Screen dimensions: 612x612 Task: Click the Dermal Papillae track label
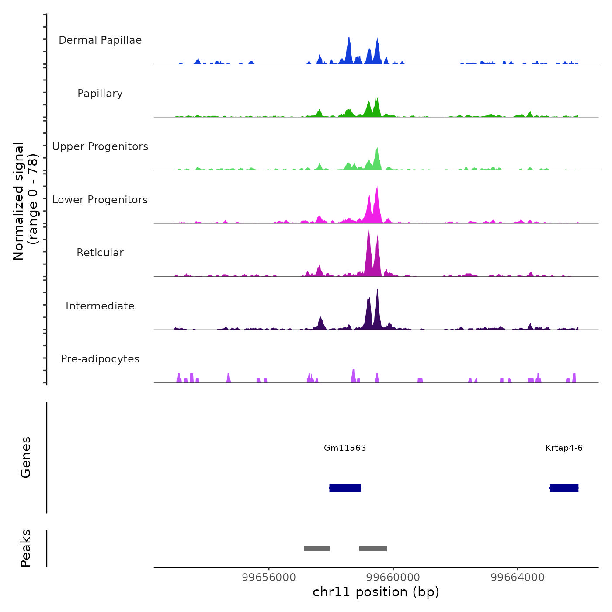(100, 40)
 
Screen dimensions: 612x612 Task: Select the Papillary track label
(100, 94)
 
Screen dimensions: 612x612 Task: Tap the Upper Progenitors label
(100, 146)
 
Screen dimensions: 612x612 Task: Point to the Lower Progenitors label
(100, 200)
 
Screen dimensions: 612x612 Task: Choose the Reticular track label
(100, 253)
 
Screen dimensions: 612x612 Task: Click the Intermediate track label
(100, 306)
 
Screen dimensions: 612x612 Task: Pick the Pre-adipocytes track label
(100, 359)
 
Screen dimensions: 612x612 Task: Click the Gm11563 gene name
(345, 448)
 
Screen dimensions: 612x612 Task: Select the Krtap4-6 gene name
(564, 448)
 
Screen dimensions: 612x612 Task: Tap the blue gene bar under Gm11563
(345, 488)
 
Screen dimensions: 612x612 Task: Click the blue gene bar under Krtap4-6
(564, 488)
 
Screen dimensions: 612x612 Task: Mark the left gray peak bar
(317, 549)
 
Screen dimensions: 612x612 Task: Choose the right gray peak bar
(373, 549)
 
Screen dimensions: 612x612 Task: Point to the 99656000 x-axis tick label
(269, 577)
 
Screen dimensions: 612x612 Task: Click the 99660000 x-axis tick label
(393, 577)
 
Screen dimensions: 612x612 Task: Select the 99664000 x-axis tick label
(518, 577)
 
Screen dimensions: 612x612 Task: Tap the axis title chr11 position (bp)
(376, 592)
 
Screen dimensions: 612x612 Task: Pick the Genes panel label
(26, 457)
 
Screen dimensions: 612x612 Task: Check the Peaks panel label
(26, 548)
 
